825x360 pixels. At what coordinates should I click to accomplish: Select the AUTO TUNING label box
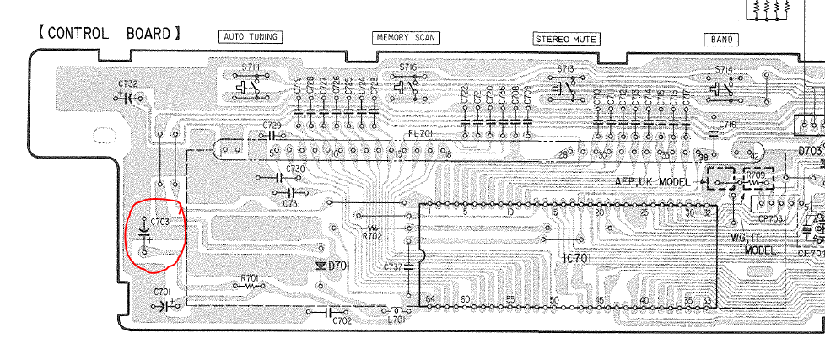click(250, 37)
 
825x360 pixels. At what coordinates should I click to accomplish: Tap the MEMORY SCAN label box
click(406, 38)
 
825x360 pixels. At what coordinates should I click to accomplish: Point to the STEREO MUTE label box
click(566, 39)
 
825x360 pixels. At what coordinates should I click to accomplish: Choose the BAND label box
click(723, 40)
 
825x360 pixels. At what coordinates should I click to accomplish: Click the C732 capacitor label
click(129, 84)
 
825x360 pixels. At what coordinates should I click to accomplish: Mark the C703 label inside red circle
click(160, 222)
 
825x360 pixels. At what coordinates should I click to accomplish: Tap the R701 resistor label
click(250, 277)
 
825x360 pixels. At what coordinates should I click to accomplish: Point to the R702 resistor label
click(371, 237)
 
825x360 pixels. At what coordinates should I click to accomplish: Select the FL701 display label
click(420, 133)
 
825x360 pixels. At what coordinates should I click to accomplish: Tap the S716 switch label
click(408, 67)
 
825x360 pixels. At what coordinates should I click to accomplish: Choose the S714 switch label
click(724, 69)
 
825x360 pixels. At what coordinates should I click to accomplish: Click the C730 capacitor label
click(295, 169)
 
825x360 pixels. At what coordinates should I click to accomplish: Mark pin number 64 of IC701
click(430, 300)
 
